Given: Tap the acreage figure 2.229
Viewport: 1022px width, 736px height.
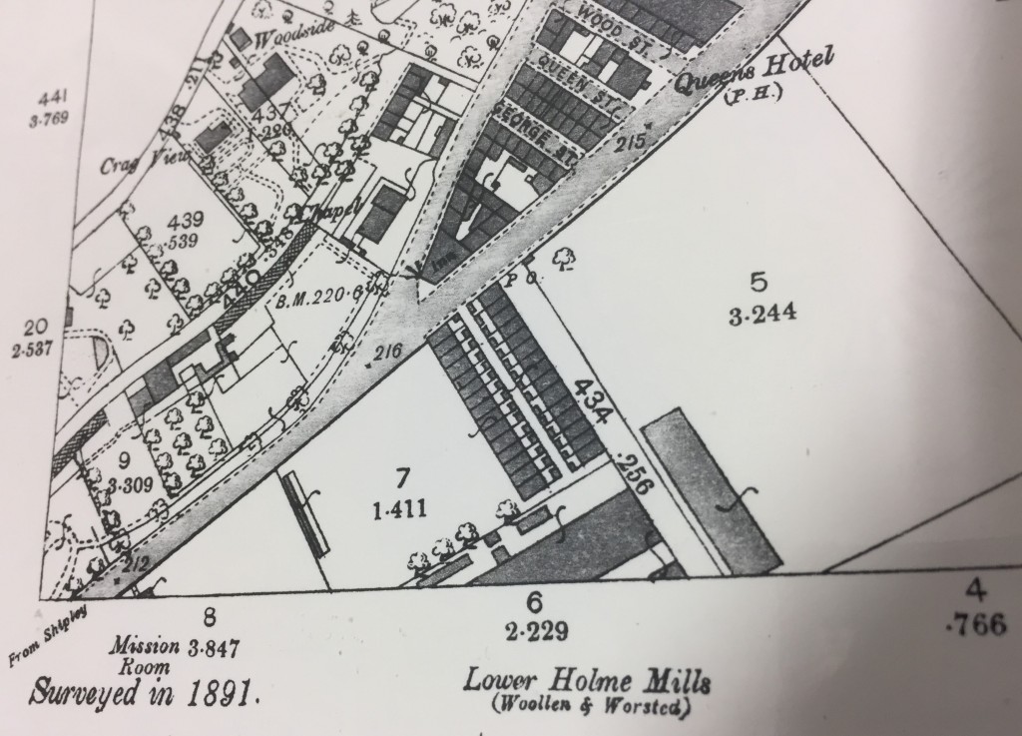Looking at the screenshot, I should [x=535, y=630].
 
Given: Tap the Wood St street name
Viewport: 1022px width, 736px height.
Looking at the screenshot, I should [x=608, y=21].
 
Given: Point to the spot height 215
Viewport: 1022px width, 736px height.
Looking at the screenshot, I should [x=631, y=143].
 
